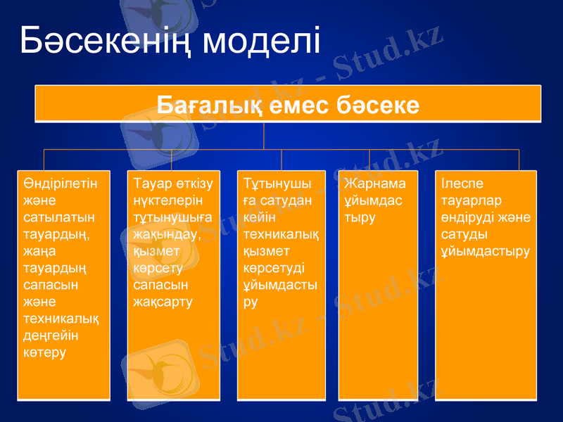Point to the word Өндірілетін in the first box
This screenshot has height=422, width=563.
coord(60,184)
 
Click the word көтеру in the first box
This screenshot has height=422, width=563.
coord(44,352)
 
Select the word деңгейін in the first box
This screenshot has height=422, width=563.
coord(51,335)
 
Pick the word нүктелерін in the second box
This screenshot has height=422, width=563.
coord(167,201)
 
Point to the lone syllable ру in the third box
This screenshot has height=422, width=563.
coord(251,302)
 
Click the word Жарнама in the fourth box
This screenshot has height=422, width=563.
coord(375,184)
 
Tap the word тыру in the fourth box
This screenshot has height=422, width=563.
coord(360,218)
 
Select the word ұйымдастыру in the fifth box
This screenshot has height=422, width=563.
coord(486,251)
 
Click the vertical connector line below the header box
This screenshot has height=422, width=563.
coord(264,136)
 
